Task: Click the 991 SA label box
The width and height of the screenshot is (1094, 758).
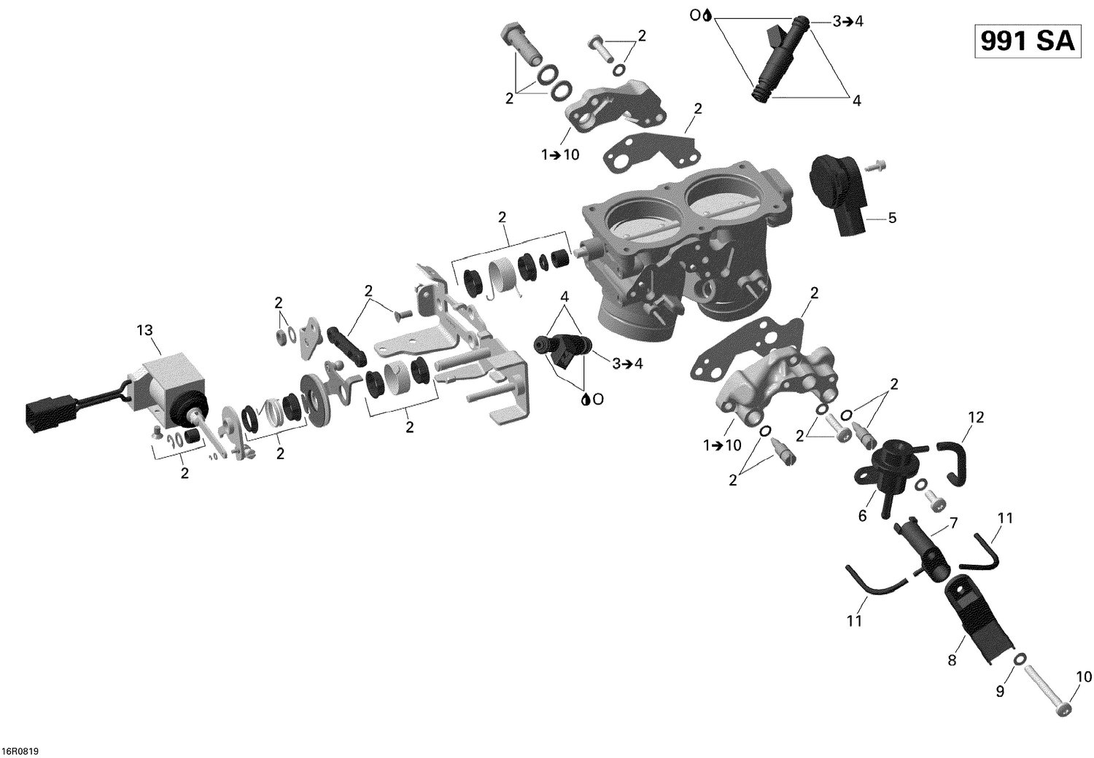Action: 1027,42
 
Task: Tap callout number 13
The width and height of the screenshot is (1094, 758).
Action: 145,330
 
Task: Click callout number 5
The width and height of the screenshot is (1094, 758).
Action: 891,218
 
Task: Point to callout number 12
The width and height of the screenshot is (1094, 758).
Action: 976,417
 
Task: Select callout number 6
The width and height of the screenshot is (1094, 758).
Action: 862,516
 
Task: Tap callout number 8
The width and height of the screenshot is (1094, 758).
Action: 952,661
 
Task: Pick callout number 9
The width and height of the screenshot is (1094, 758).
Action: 1000,690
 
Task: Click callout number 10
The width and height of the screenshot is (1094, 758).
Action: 1079,677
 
